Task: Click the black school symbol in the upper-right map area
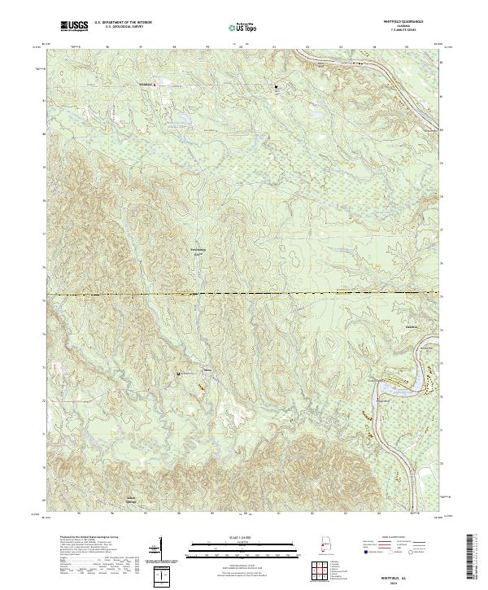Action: click(276, 85)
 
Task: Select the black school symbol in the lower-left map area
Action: click(178, 374)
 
